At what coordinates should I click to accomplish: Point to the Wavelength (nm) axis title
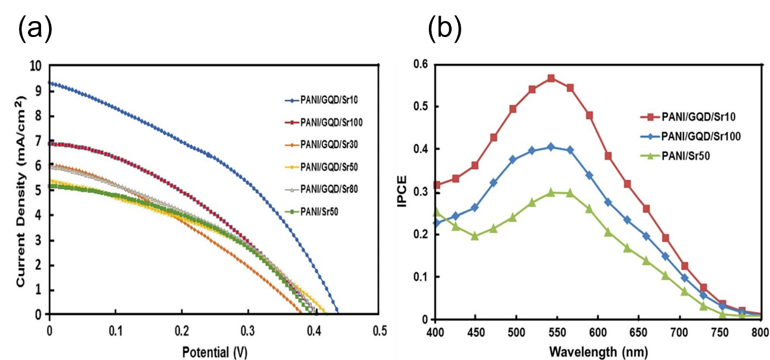598,352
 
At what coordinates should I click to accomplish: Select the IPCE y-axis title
403,191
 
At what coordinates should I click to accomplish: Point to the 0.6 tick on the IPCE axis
420,64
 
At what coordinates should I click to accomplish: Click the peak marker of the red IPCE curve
551,78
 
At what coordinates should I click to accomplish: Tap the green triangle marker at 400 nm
436,212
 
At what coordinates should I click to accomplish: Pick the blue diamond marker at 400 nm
436,223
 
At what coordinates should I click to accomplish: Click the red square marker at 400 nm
436,185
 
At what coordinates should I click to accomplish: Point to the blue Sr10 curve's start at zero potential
51,83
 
